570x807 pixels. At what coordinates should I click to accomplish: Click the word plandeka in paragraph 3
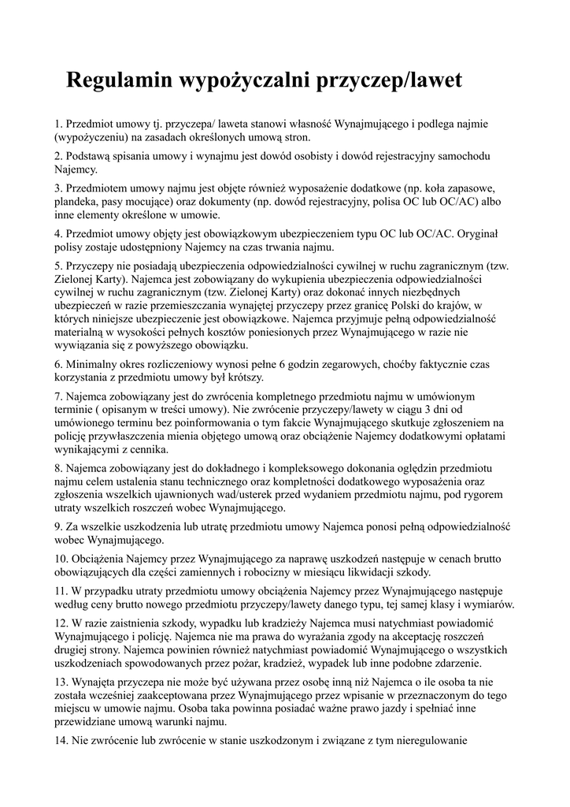77,202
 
